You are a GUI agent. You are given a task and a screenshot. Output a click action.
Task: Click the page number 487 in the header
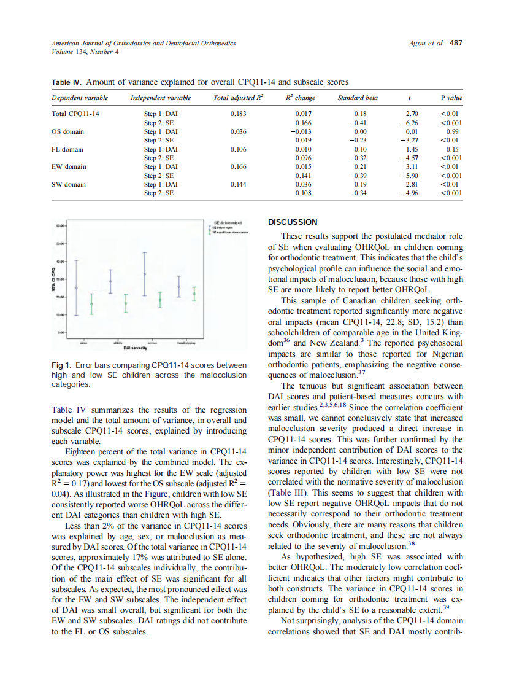(x=456, y=43)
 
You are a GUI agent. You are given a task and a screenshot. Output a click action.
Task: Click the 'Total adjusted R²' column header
(x=238, y=98)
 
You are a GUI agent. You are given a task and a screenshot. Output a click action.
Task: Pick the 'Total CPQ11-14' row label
(x=75, y=114)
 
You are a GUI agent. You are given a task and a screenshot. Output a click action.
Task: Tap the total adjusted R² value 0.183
(x=238, y=114)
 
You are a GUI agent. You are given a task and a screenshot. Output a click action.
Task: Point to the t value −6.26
(x=410, y=123)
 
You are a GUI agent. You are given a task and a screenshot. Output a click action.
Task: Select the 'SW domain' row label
(x=68, y=184)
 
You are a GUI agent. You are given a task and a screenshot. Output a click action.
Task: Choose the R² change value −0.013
(x=301, y=131)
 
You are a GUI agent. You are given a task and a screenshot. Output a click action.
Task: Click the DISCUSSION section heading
(x=293, y=222)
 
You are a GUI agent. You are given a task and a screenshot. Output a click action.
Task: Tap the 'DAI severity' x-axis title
(x=134, y=348)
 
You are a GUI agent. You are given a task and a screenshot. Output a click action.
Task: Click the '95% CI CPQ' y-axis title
(x=54, y=279)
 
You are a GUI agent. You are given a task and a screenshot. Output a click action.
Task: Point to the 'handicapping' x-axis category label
(x=186, y=343)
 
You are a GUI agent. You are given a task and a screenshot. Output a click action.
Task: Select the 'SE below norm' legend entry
(x=221, y=227)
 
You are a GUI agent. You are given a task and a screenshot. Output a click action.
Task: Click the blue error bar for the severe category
(x=145, y=273)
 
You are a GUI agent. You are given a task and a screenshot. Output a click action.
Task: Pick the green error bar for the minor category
(x=92, y=303)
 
